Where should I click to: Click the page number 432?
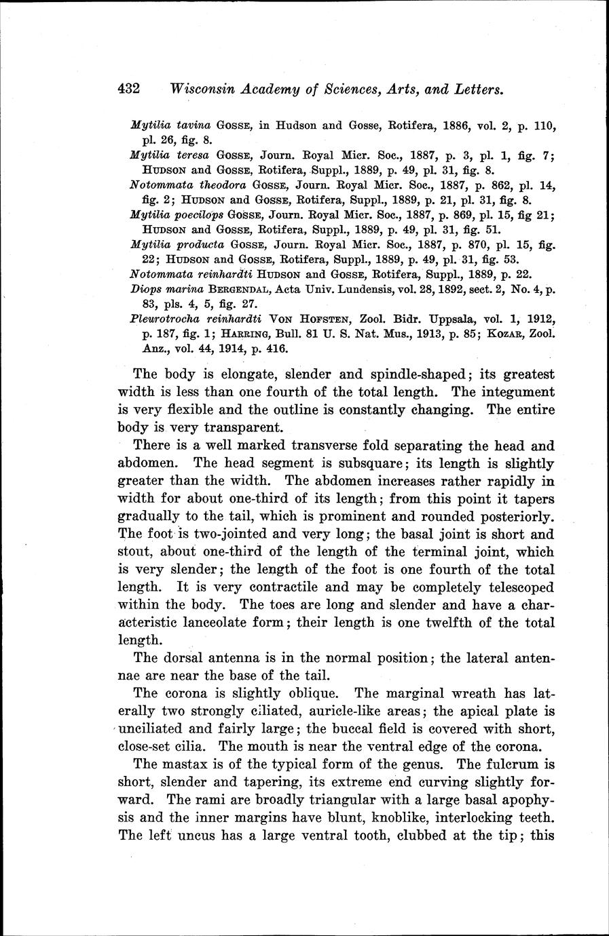[128, 88]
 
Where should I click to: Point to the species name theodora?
[222, 184]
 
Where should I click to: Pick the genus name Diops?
[144, 289]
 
